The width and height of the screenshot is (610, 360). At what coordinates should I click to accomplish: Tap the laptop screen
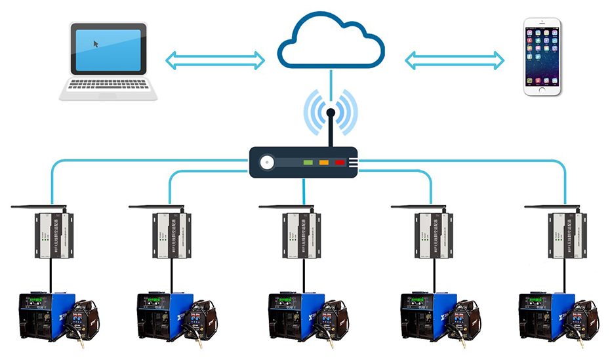[108, 49]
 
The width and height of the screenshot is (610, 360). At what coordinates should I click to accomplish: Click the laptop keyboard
[108, 85]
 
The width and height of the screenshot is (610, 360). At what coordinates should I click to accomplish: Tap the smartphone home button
[542, 89]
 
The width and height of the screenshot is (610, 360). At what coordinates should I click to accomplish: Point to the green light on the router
[307, 162]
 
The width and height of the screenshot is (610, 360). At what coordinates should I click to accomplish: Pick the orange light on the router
[323, 162]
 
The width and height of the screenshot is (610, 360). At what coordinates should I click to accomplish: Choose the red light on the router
[340, 162]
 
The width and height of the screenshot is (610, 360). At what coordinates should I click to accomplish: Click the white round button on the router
[266, 163]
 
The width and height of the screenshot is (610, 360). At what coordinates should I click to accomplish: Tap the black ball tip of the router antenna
[331, 113]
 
